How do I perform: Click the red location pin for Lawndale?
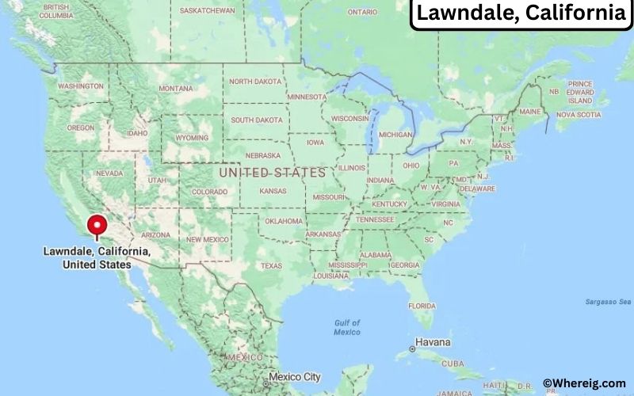coord(97,224)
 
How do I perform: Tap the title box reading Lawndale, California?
coord(521,13)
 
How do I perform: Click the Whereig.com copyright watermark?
coord(585,383)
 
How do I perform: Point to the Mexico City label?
coord(295,377)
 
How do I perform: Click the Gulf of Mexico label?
coord(347,327)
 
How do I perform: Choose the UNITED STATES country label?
coord(272,172)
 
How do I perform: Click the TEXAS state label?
coord(271,265)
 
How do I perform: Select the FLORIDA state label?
coord(422,305)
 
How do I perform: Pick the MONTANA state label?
coord(176,88)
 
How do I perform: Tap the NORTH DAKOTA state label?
coord(256,82)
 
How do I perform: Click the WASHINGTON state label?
coord(81,86)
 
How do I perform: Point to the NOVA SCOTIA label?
coord(579,115)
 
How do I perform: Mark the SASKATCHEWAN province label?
coord(208,11)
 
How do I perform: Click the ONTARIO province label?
coord(362,12)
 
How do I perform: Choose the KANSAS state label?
coord(273,191)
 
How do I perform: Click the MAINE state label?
coord(530,112)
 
